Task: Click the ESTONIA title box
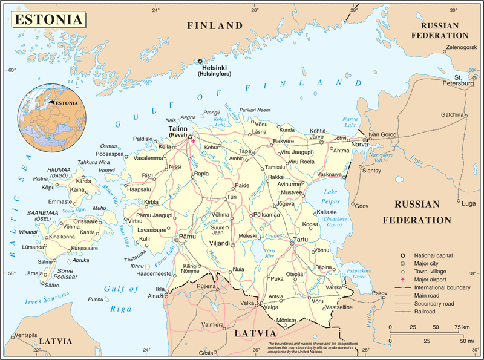pyautogui.click(x=49, y=19)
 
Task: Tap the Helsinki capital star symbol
pyautogui.click(x=200, y=61)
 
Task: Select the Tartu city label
pyautogui.click(x=301, y=240)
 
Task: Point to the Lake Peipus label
pyautogui.click(x=332, y=195)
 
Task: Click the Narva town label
pyautogui.click(x=360, y=145)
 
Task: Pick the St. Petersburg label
pyautogui.click(x=463, y=80)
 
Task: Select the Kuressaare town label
pyautogui.click(x=84, y=249)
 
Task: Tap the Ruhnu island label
pyautogui.click(x=95, y=299)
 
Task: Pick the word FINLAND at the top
pyautogui.click(x=214, y=26)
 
